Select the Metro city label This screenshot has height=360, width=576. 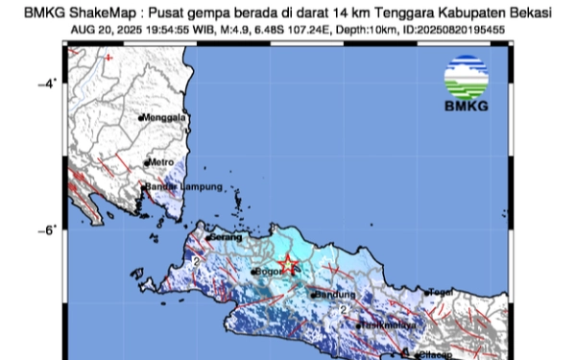(160, 162)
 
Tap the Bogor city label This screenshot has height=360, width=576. (270, 273)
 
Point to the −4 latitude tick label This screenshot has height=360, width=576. (42, 84)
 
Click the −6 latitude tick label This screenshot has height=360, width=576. (42, 228)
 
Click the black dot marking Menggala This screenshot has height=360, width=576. (141, 118)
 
